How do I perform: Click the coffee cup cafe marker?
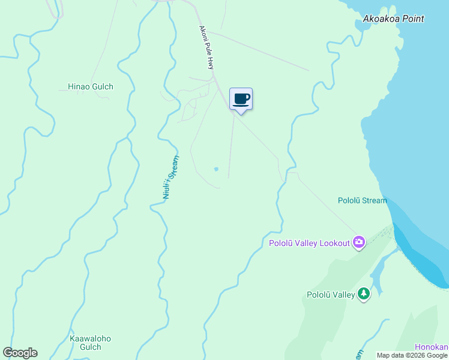[241, 99]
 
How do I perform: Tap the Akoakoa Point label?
[393, 19]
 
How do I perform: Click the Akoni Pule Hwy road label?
[206, 47]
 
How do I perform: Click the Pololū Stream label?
[362, 200]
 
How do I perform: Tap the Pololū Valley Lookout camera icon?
[359, 242]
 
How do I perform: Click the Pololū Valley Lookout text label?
[309, 243]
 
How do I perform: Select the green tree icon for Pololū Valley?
[363, 294]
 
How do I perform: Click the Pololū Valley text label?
[331, 295]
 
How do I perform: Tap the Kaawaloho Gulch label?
[90, 343]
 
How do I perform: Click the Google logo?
[20, 353]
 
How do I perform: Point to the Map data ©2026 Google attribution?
[412, 355]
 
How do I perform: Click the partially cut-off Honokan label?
[432, 347]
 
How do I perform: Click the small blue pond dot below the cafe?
[216, 169]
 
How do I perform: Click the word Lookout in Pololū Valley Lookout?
[334, 243]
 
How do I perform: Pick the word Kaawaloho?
[90, 338]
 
